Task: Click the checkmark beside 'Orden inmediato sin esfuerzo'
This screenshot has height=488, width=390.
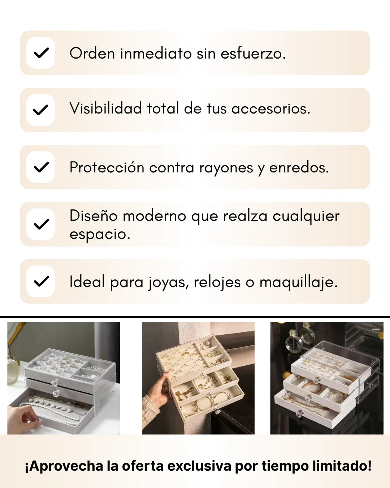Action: (x=41, y=53)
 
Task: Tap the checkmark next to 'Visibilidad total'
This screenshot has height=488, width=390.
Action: (x=40, y=110)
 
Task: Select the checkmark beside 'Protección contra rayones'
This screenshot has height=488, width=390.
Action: (x=41, y=167)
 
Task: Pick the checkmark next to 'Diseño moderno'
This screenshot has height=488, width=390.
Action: (x=41, y=224)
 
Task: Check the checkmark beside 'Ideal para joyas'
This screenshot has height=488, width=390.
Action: (x=41, y=282)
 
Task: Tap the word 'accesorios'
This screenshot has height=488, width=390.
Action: (x=271, y=108)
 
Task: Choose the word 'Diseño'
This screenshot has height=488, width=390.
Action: (x=94, y=215)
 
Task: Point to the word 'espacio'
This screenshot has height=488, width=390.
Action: (x=100, y=235)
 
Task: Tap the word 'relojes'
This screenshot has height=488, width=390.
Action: (x=217, y=282)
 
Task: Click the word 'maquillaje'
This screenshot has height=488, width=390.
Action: (x=298, y=283)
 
